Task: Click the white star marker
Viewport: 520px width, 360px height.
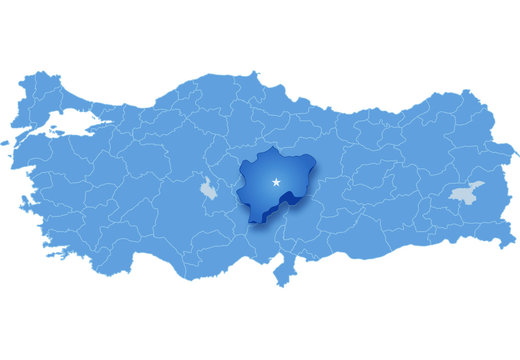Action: click(276, 182)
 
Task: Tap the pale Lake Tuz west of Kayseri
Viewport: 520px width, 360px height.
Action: click(207, 187)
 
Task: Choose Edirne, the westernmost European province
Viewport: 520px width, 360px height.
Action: click(35, 90)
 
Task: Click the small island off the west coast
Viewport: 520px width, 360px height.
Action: click(11, 142)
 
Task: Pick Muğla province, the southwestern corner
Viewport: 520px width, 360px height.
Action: click(70, 240)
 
